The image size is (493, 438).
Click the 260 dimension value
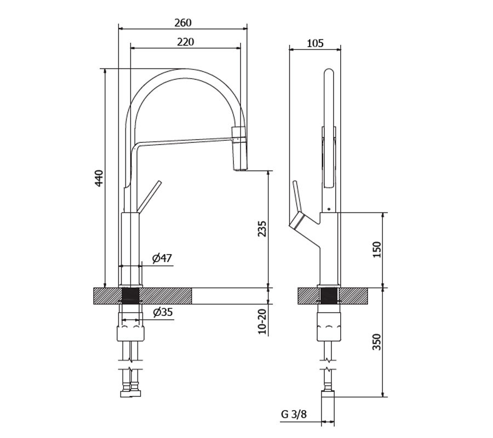(182, 22)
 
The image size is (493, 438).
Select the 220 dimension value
(186, 42)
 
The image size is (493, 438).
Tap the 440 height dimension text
(99, 178)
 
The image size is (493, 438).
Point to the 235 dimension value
(262, 229)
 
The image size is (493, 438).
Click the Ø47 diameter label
(162, 258)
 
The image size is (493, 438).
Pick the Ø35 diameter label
(163, 312)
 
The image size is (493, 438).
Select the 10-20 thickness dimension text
(262, 321)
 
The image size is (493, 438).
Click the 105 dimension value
(315, 43)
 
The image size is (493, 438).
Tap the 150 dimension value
(377, 250)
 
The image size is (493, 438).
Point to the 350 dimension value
(377, 342)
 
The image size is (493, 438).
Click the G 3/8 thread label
(294, 414)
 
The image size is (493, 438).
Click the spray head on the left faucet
(239, 148)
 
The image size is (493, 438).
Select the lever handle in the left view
(149, 197)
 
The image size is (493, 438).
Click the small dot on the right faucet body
(329, 209)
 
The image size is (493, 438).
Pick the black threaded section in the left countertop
(130, 296)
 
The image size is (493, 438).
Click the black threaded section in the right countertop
(329, 296)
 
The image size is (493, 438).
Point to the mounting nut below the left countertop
(131, 333)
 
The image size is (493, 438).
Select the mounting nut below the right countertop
(329, 326)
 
